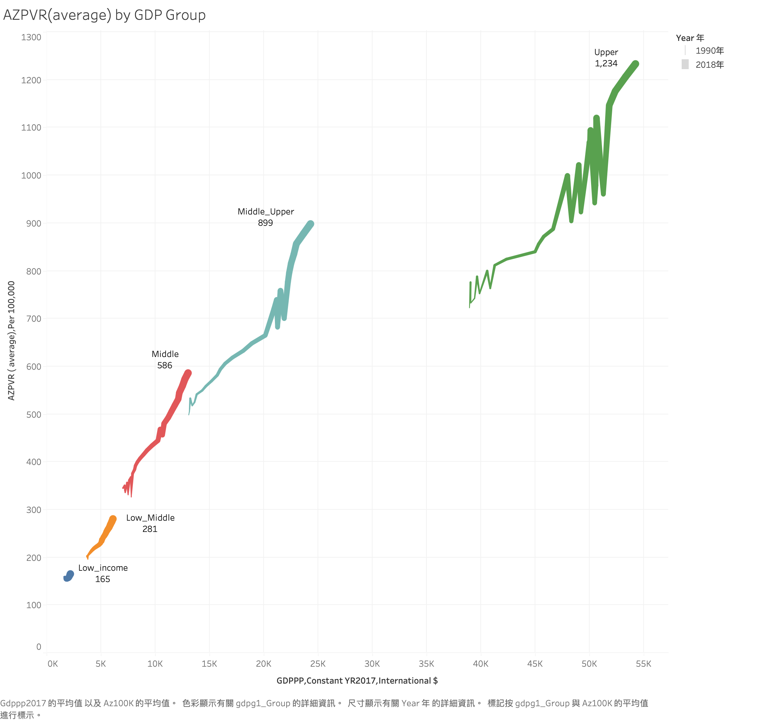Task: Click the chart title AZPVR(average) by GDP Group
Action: coord(104,15)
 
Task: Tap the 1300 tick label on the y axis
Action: coord(31,37)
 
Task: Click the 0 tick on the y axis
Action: coord(38,647)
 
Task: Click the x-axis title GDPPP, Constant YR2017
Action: coord(357,681)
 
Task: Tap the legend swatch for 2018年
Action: coord(685,64)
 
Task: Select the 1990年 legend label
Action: coord(709,51)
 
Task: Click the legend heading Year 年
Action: coord(690,38)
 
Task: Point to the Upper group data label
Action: coord(606,52)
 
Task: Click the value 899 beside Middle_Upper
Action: coord(265,223)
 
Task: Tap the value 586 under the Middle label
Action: coord(165,365)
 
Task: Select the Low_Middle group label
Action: coord(150,518)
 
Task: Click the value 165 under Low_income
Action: coord(103,579)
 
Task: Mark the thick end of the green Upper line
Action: coord(635,64)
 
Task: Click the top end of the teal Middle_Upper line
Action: coord(310,224)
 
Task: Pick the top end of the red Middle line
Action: coord(188,373)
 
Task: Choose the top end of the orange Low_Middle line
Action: coord(113,519)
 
